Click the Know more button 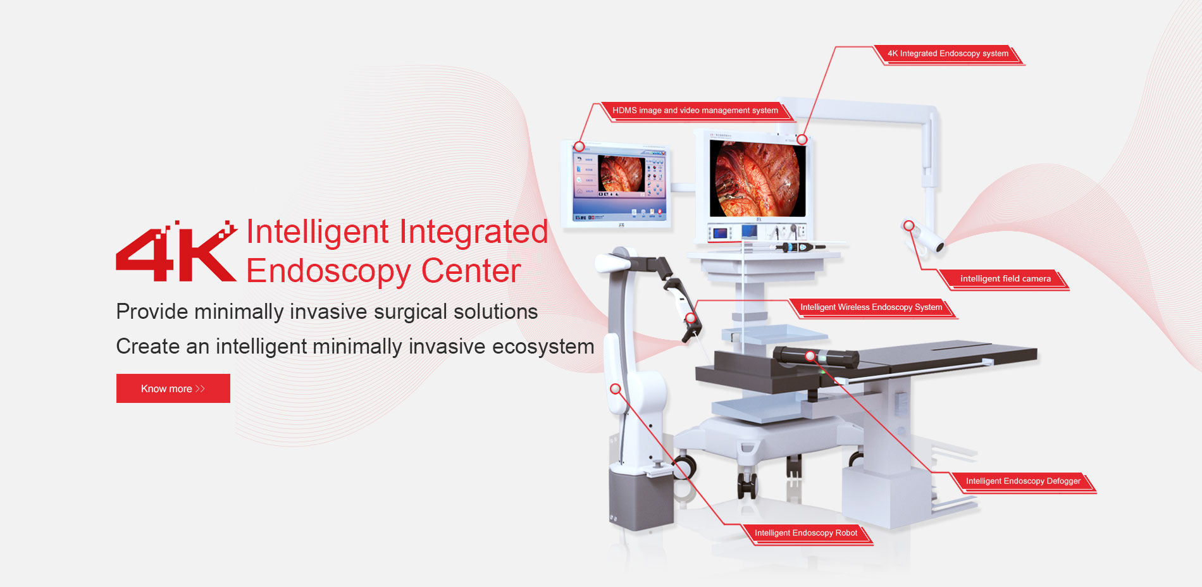click(x=173, y=388)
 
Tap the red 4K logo click(x=177, y=251)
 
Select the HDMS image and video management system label click(x=695, y=111)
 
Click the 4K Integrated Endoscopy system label click(x=948, y=54)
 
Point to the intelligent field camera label click(x=1005, y=279)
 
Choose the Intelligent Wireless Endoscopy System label click(x=871, y=307)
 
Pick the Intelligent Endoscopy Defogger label click(x=1023, y=481)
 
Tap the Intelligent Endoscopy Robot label click(x=806, y=533)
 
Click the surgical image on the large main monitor click(x=757, y=178)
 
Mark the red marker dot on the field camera click(x=908, y=225)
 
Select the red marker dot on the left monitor click(x=579, y=146)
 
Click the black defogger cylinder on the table click(x=816, y=357)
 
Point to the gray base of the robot click(x=640, y=498)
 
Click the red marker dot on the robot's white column click(x=615, y=388)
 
